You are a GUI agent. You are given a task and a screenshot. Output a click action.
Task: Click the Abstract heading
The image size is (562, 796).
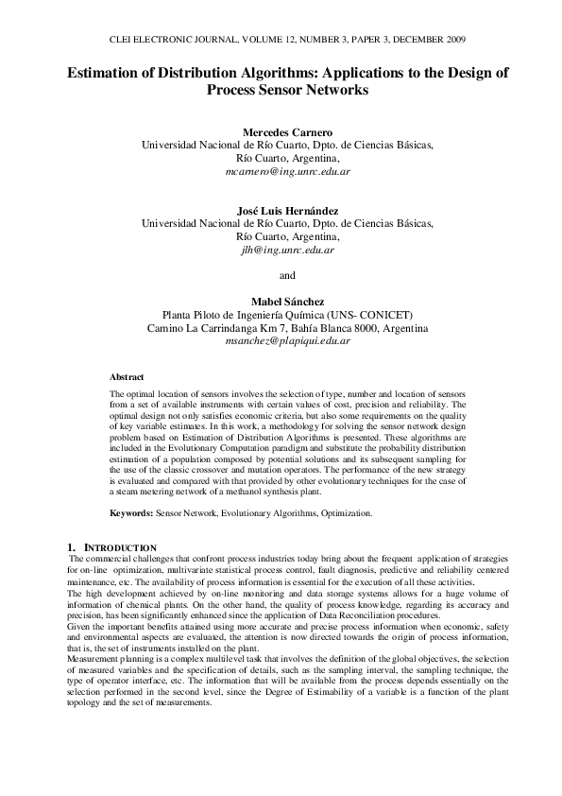tap(127, 376)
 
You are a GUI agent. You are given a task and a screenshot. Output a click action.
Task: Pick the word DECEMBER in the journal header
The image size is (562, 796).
tap(407, 40)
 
